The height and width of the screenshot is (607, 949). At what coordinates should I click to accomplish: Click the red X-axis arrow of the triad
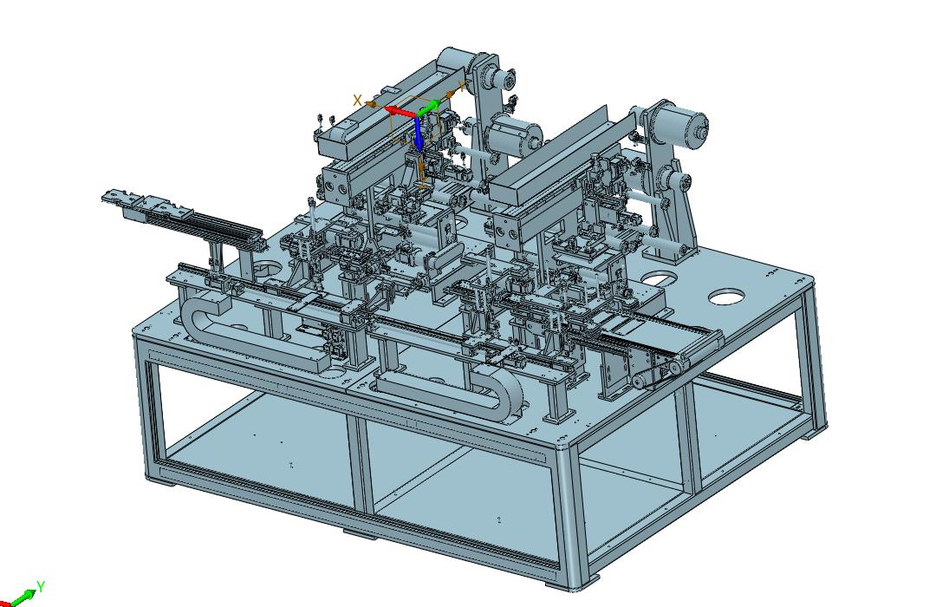click(x=400, y=112)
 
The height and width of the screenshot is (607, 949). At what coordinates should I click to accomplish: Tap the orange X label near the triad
click(x=358, y=101)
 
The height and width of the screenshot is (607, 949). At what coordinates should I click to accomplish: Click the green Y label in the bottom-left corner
click(x=41, y=586)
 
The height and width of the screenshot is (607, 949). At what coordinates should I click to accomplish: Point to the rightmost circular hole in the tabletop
click(x=727, y=297)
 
